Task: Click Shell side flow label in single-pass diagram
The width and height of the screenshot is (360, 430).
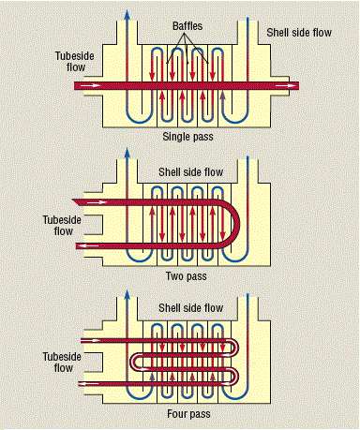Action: tap(304, 33)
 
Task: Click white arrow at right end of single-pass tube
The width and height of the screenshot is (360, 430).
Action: tap(290, 86)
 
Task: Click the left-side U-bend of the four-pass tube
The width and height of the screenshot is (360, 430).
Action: tap(133, 362)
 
